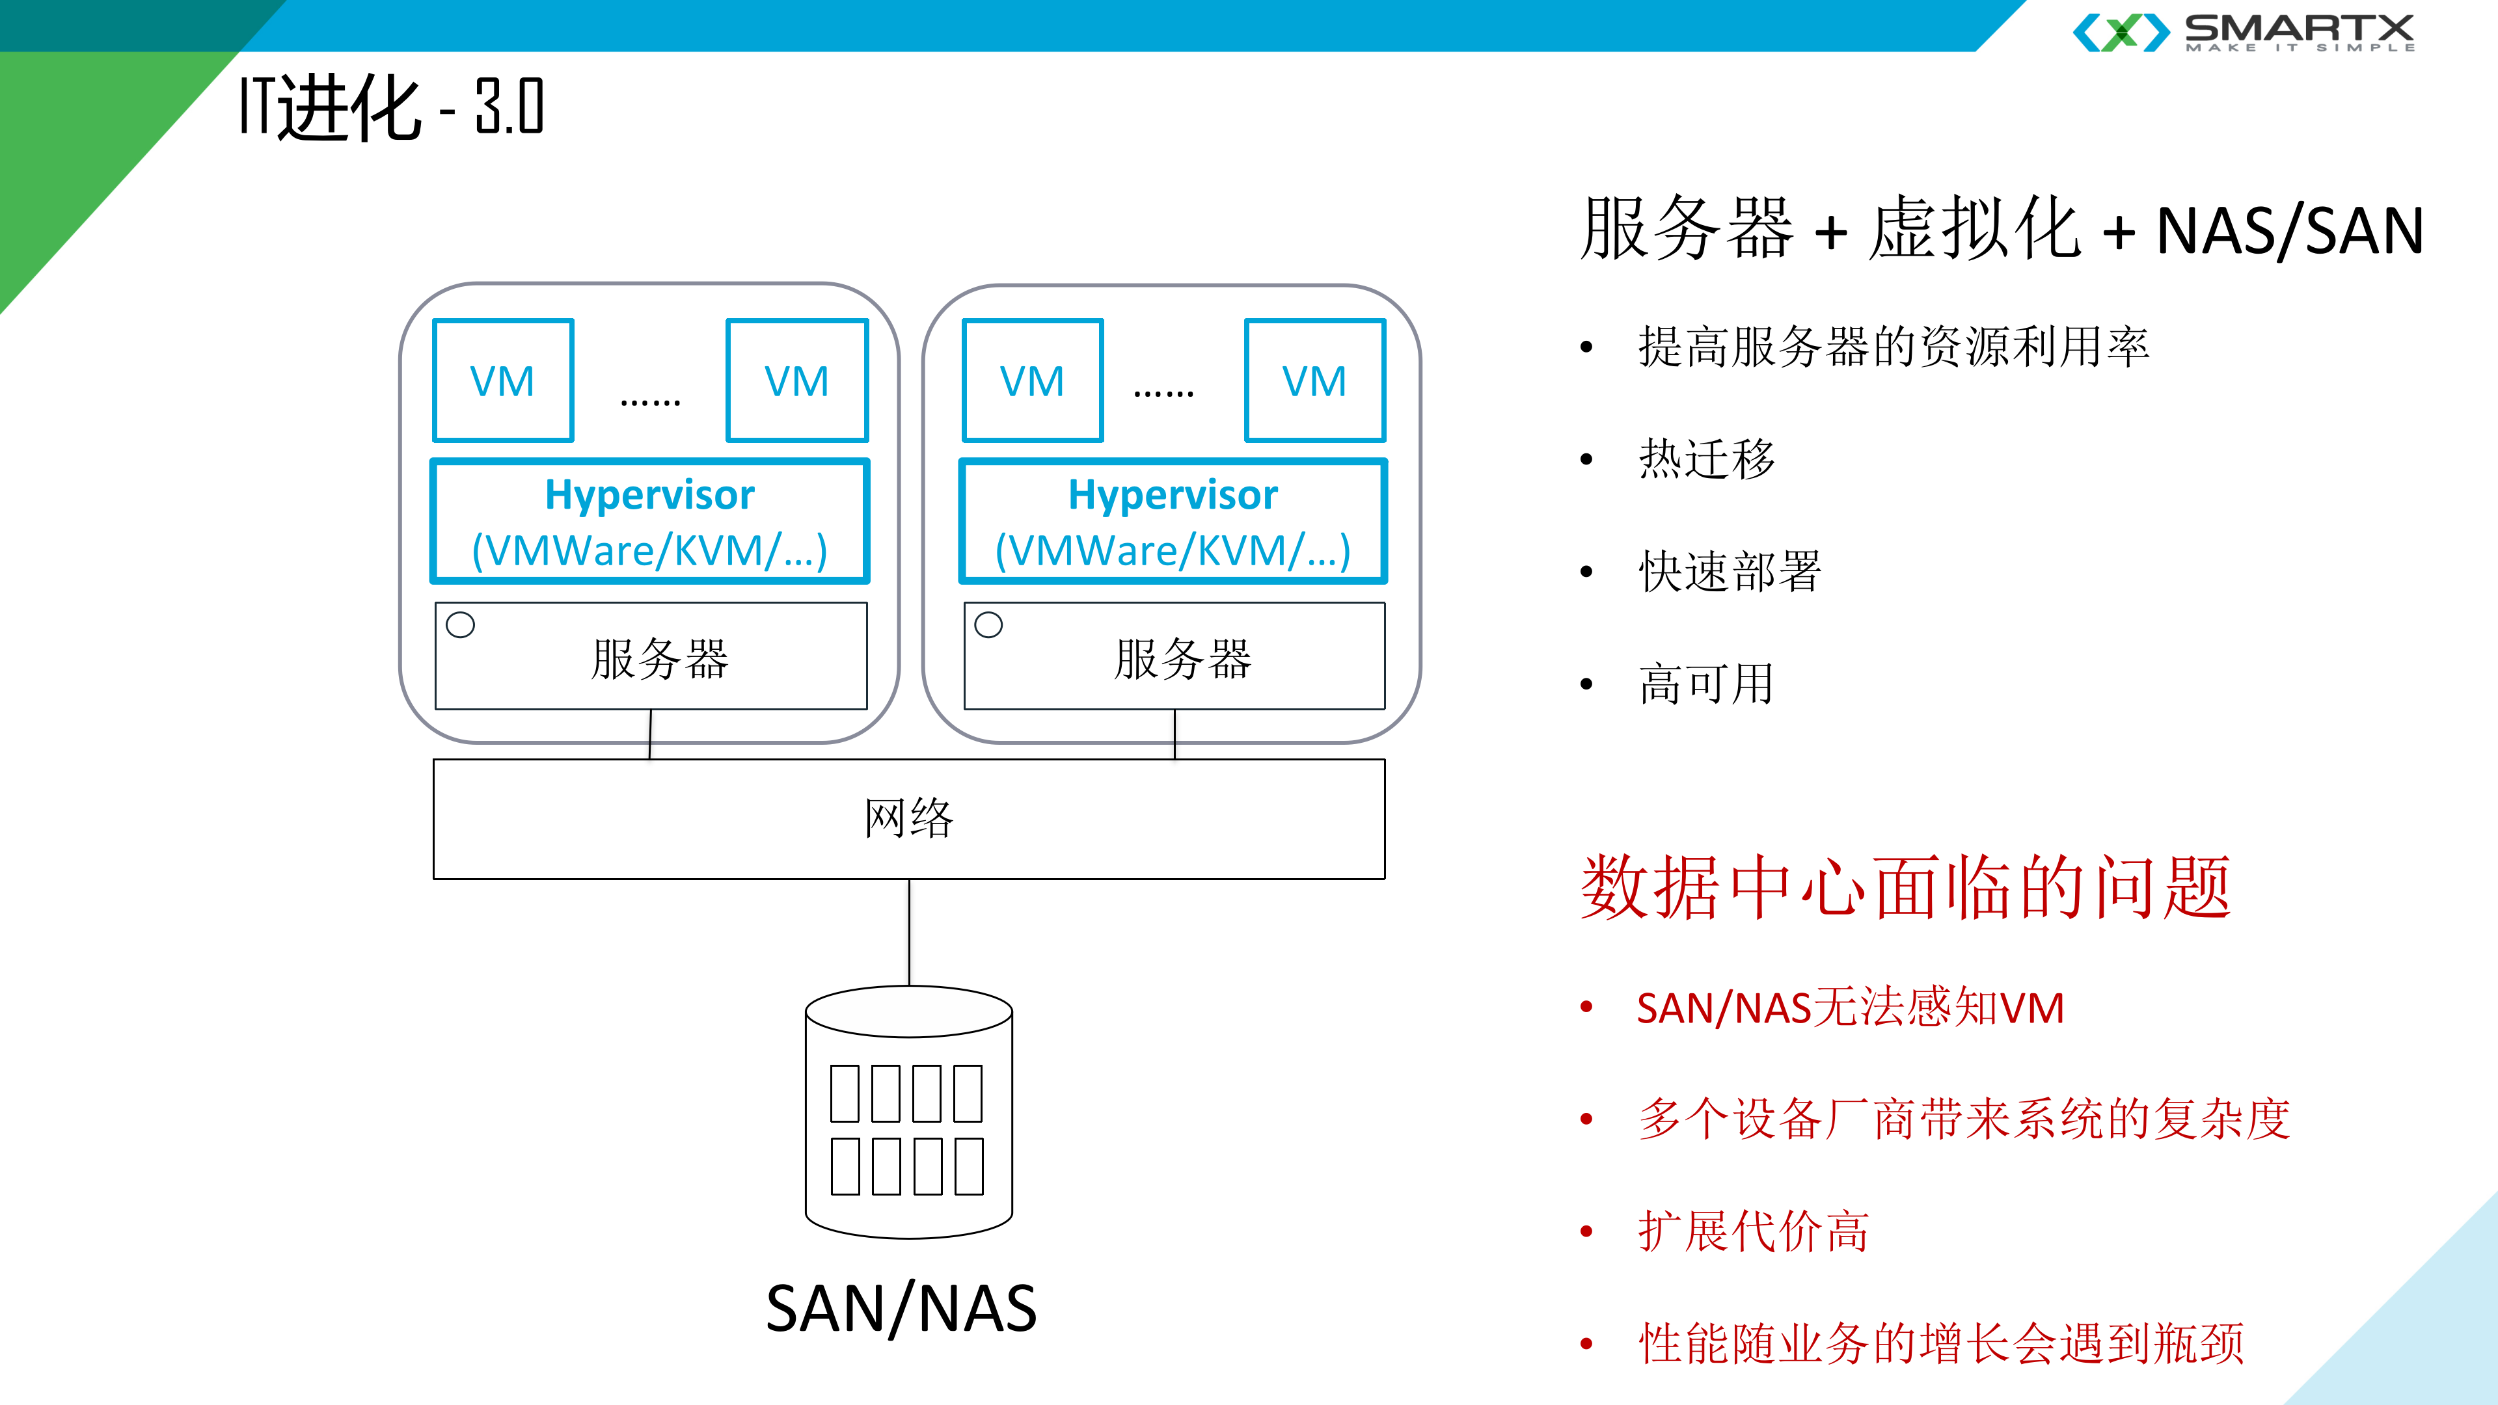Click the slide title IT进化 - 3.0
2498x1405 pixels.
391,107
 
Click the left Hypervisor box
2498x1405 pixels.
649,522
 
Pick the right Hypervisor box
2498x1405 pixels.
1173,522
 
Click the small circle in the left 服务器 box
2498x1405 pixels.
461,624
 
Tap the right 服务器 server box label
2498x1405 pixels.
1182,660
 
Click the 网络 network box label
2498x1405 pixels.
908,818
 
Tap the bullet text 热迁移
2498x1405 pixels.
1707,459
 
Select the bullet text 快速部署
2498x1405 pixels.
1730,571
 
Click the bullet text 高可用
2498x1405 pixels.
1707,684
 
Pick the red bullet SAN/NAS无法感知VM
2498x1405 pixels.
1850,1008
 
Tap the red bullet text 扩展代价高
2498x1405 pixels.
1753,1231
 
